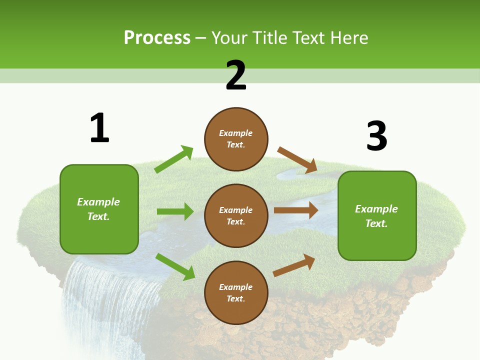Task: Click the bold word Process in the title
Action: (x=157, y=38)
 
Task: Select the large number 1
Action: (x=99, y=128)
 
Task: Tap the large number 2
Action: (x=236, y=75)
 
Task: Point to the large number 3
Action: (x=376, y=136)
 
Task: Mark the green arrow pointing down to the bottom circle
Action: (x=175, y=266)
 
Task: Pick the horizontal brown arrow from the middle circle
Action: (x=295, y=210)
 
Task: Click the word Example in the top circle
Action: (x=236, y=133)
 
